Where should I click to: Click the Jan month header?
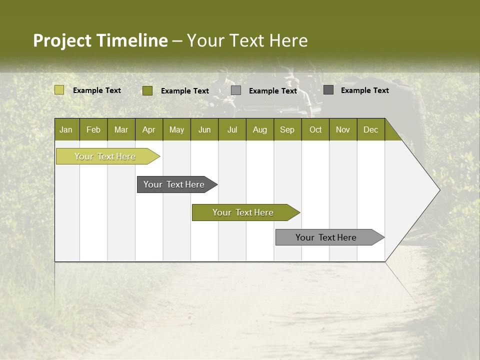(x=66, y=129)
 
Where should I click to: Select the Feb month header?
(x=93, y=129)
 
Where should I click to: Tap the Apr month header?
(x=148, y=129)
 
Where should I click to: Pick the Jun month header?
(x=204, y=129)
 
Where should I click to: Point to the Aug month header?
(x=260, y=129)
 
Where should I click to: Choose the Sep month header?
(x=287, y=129)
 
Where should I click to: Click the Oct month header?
(x=315, y=129)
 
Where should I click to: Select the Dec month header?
(x=371, y=129)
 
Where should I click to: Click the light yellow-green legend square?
(x=59, y=90)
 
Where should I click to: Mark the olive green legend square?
(x=147, y=90)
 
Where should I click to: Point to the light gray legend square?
(x=236, y=90)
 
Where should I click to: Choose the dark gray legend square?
(x=328, y=90)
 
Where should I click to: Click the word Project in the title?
(x=62, y=40)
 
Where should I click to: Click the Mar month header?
(x=121, y=129)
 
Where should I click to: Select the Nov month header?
(x=343, y=129)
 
